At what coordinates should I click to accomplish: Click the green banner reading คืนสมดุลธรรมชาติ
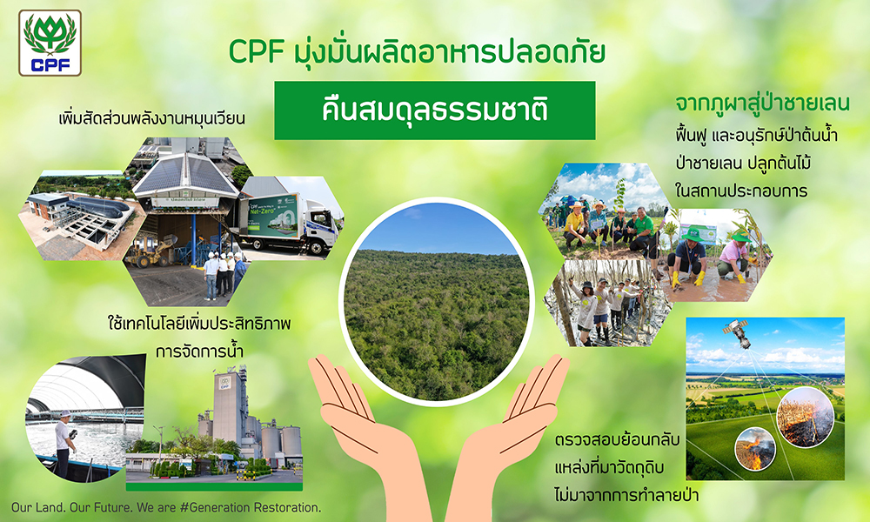pos(435,110)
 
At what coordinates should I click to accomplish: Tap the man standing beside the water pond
pos(64,439)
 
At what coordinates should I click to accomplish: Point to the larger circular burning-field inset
pos(805,417)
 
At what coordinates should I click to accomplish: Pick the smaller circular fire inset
pos(755,447)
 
